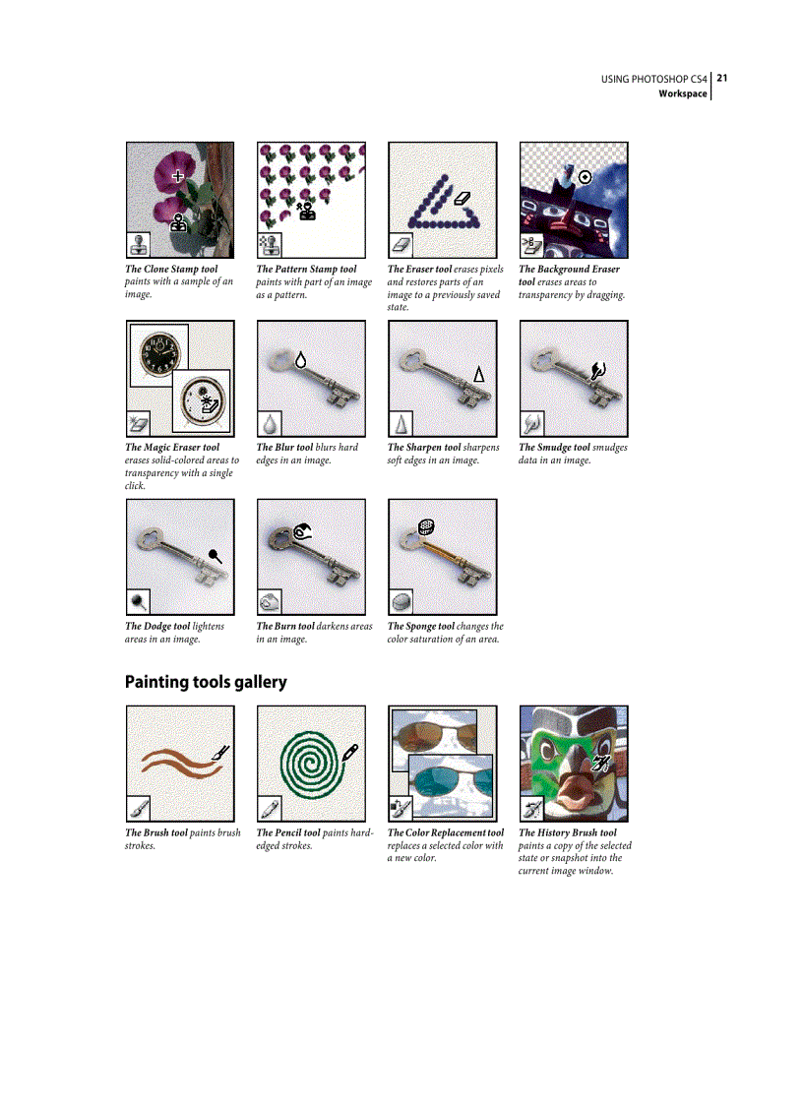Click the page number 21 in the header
721,78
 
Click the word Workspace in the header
683,93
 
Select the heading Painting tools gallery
206,682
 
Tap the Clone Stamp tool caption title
171,269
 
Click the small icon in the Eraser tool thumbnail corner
401,244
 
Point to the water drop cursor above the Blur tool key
300,360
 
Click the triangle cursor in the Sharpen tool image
479,373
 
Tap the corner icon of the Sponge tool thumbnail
401,601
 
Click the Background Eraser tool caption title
569,269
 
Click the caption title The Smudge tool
554,448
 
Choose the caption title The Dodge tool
157,626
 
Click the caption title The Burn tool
285,626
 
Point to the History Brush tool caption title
568,832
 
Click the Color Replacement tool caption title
445,832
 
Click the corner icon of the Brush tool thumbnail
138,809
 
